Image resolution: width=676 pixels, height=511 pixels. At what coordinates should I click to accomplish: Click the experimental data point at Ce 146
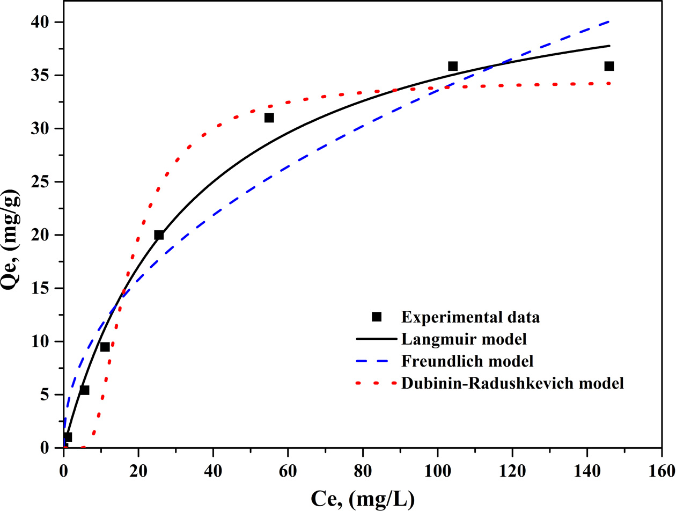[609, 66]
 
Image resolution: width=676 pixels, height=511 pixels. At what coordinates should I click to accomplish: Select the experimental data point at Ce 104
[452, 66]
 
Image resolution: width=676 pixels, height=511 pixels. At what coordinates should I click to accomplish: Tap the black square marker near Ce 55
[269, 118]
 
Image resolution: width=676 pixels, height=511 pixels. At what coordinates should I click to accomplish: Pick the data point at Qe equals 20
[159, 235]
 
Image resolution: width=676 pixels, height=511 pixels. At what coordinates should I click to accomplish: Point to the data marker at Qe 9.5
[105, 347]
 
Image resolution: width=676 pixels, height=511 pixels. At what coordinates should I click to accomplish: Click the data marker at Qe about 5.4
[84, 390]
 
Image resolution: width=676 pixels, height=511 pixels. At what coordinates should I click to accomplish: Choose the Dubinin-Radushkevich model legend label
[512, 383]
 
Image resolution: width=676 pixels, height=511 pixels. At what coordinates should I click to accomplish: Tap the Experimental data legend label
[470, 317]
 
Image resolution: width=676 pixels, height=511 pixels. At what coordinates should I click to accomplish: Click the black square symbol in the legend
[377, 316]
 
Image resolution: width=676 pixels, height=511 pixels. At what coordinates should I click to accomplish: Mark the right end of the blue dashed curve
[609, 21]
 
